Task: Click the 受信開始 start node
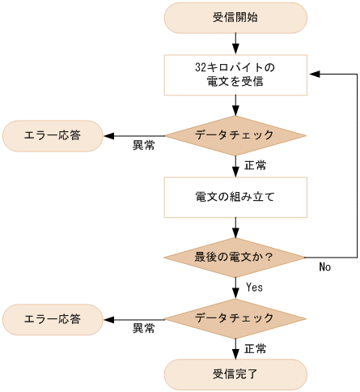pyautogui.click(x=235, y=17)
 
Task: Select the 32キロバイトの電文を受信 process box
pyautogui.click(x=235, y=75)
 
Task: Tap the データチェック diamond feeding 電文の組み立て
pyautogui.click(x=235, y=135)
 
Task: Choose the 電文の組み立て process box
pyautogui.click(x=235, y=197)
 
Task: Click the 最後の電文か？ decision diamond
pyautogui.click(x=235, y=258)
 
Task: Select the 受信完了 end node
pyautogui.click(x=235, y=374)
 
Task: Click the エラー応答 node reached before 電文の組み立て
pyautogui.click(x=53, y=135)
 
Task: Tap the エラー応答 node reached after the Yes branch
pyautogui.click(x=53, y=319)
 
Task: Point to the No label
pyautogui.click(x=324, y=266)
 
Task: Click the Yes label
pyautogui.click(x=253, y=287)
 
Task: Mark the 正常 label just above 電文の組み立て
pyautogui.click(x=256, y=164)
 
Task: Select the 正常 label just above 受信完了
pyautogui.click(x=256, y=348)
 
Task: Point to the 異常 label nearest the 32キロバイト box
pyautogui.click(x=144, y=146)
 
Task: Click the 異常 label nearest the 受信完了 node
pyautogui.click(x=144, y=330)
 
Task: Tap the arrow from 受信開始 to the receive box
pyautogui.click(x=235, y=43)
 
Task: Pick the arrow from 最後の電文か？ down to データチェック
pyautogui.click(x=235, y=289)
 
